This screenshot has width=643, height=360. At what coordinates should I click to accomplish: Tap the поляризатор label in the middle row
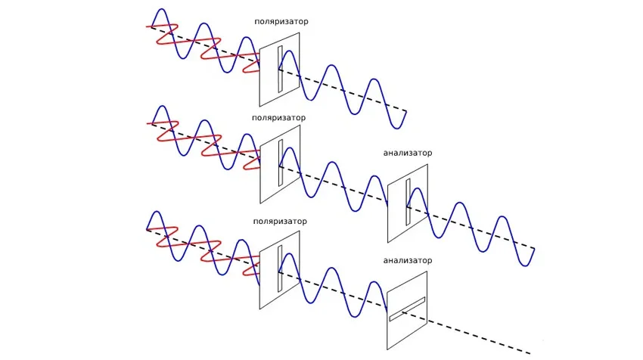point(280,118)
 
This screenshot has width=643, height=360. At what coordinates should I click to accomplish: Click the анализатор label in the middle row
point(408,153)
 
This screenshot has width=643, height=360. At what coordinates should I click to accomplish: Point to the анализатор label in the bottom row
point(408,261)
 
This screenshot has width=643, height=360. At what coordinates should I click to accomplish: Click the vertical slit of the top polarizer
point(280,70)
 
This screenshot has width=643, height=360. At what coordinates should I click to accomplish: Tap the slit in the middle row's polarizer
point(280,163)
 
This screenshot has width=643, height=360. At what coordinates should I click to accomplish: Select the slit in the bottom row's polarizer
point(280,268)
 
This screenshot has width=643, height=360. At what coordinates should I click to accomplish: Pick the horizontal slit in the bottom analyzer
point(408,309)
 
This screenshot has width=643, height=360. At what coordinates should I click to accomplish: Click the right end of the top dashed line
point(406,112)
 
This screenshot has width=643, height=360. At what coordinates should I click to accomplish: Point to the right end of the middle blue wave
point(534,251)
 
